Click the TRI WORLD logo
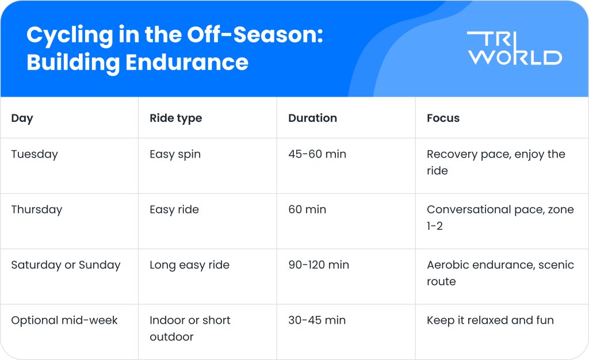point(514,48)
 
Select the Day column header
point(22,118)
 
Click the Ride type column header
point(175,118)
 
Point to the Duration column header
point(312,118)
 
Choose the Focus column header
point(443,118)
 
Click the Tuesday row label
point(35,154)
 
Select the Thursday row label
point(36,210)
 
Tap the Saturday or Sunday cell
point(66,265)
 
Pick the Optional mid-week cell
point(64,320)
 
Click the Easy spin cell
point(175,154)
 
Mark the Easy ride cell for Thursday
point(174,210)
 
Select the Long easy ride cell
point(189,265)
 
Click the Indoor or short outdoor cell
point(190,328)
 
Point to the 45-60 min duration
point(317,154)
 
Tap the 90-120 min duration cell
point(319,265)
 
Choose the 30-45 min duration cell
point(317,320)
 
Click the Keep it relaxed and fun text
point(490,320)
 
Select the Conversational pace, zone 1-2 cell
point(500,217)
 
